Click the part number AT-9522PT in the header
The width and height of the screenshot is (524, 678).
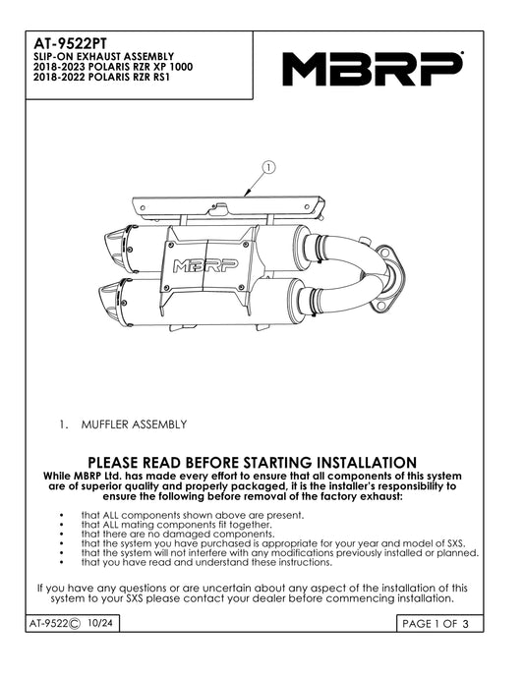point(70,43)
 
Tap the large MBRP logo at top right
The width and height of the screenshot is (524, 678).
point(373,69)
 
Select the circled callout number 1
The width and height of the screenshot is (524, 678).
point(269,167)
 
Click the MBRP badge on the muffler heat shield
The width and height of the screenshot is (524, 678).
point(205,266)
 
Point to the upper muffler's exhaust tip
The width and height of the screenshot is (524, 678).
point(115,249)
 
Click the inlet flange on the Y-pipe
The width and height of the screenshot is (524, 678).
point(390,278)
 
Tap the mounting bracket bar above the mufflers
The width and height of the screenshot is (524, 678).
point(228,206)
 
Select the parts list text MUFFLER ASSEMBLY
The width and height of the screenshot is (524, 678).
point(134,424)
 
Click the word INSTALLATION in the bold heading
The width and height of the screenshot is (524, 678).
point(367,462)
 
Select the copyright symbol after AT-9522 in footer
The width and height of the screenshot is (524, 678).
point(75,624)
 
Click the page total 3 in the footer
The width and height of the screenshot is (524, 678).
point(465,624)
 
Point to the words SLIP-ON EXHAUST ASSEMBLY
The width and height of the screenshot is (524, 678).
point(104,57)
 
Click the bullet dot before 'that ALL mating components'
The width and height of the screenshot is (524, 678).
point(62,525)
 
